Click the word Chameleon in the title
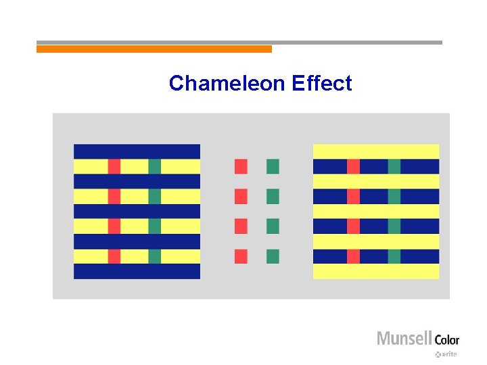(x=227, y=83)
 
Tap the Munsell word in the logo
(x=404, y=338)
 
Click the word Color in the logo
(x=446, y=339)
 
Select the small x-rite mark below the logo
(x=447, y=354)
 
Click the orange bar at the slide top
(x=154, y=49)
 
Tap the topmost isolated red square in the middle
(x=241, y=166)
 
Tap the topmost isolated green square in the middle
(x=273, y=166)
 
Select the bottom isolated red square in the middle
(x=241, y=256)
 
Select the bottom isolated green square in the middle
(x=273, y=256)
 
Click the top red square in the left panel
(x=114, y=166)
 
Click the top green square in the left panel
(x=154, y=166)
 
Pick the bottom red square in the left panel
(x=114, y=256)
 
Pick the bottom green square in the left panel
(x=154, y=256)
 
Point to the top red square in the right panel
(x=353, y=166)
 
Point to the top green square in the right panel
(x=394, y=166)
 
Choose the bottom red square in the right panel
(x=353, y=256)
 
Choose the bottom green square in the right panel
(x=394, y=256)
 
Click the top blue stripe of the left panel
(x=137, y=151)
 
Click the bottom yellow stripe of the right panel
(x=376, y=271)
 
